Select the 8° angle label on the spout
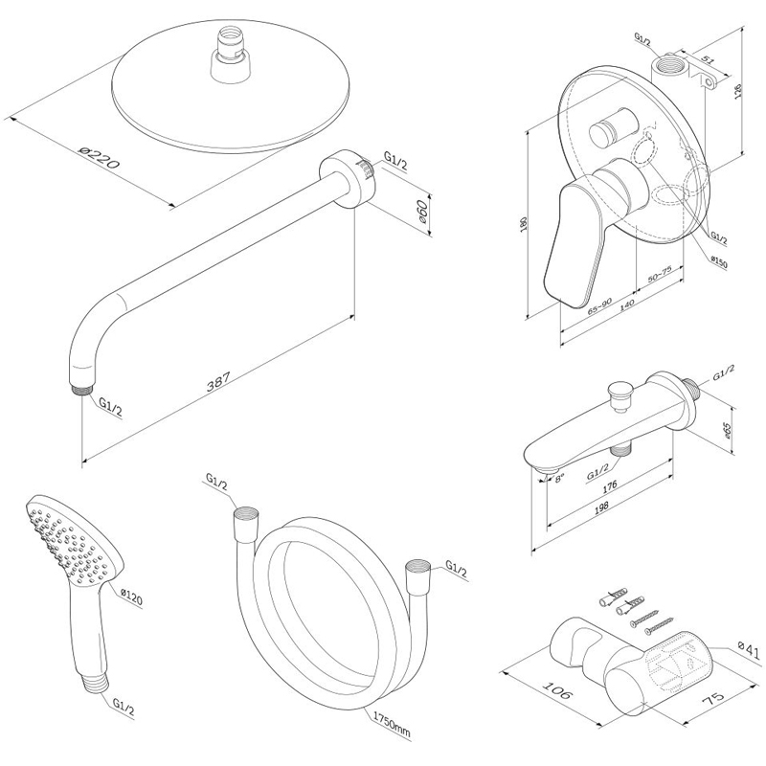pyautogui.click(x=560, y=476)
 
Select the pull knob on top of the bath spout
pyautogui.click(x=619, y=393)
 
